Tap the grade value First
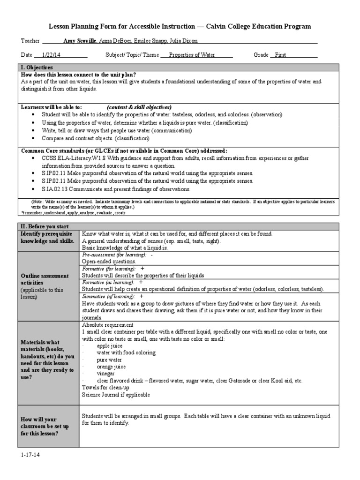pyautogui.click(x=281, y=55)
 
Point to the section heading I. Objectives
pyautogui.click(x=37, y=67)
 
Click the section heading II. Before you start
pyautogui.click(x=44, y=226)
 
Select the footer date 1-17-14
pyautogui.click(x=30, y=454)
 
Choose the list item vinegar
pyautogui.click(x=105, y=374)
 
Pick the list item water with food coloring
pyautogui.click(x=126, y=352)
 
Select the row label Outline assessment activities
pyautogui.click(x=44, y=279)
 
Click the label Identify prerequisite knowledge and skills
pyautogui.click(x=46, y=237)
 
